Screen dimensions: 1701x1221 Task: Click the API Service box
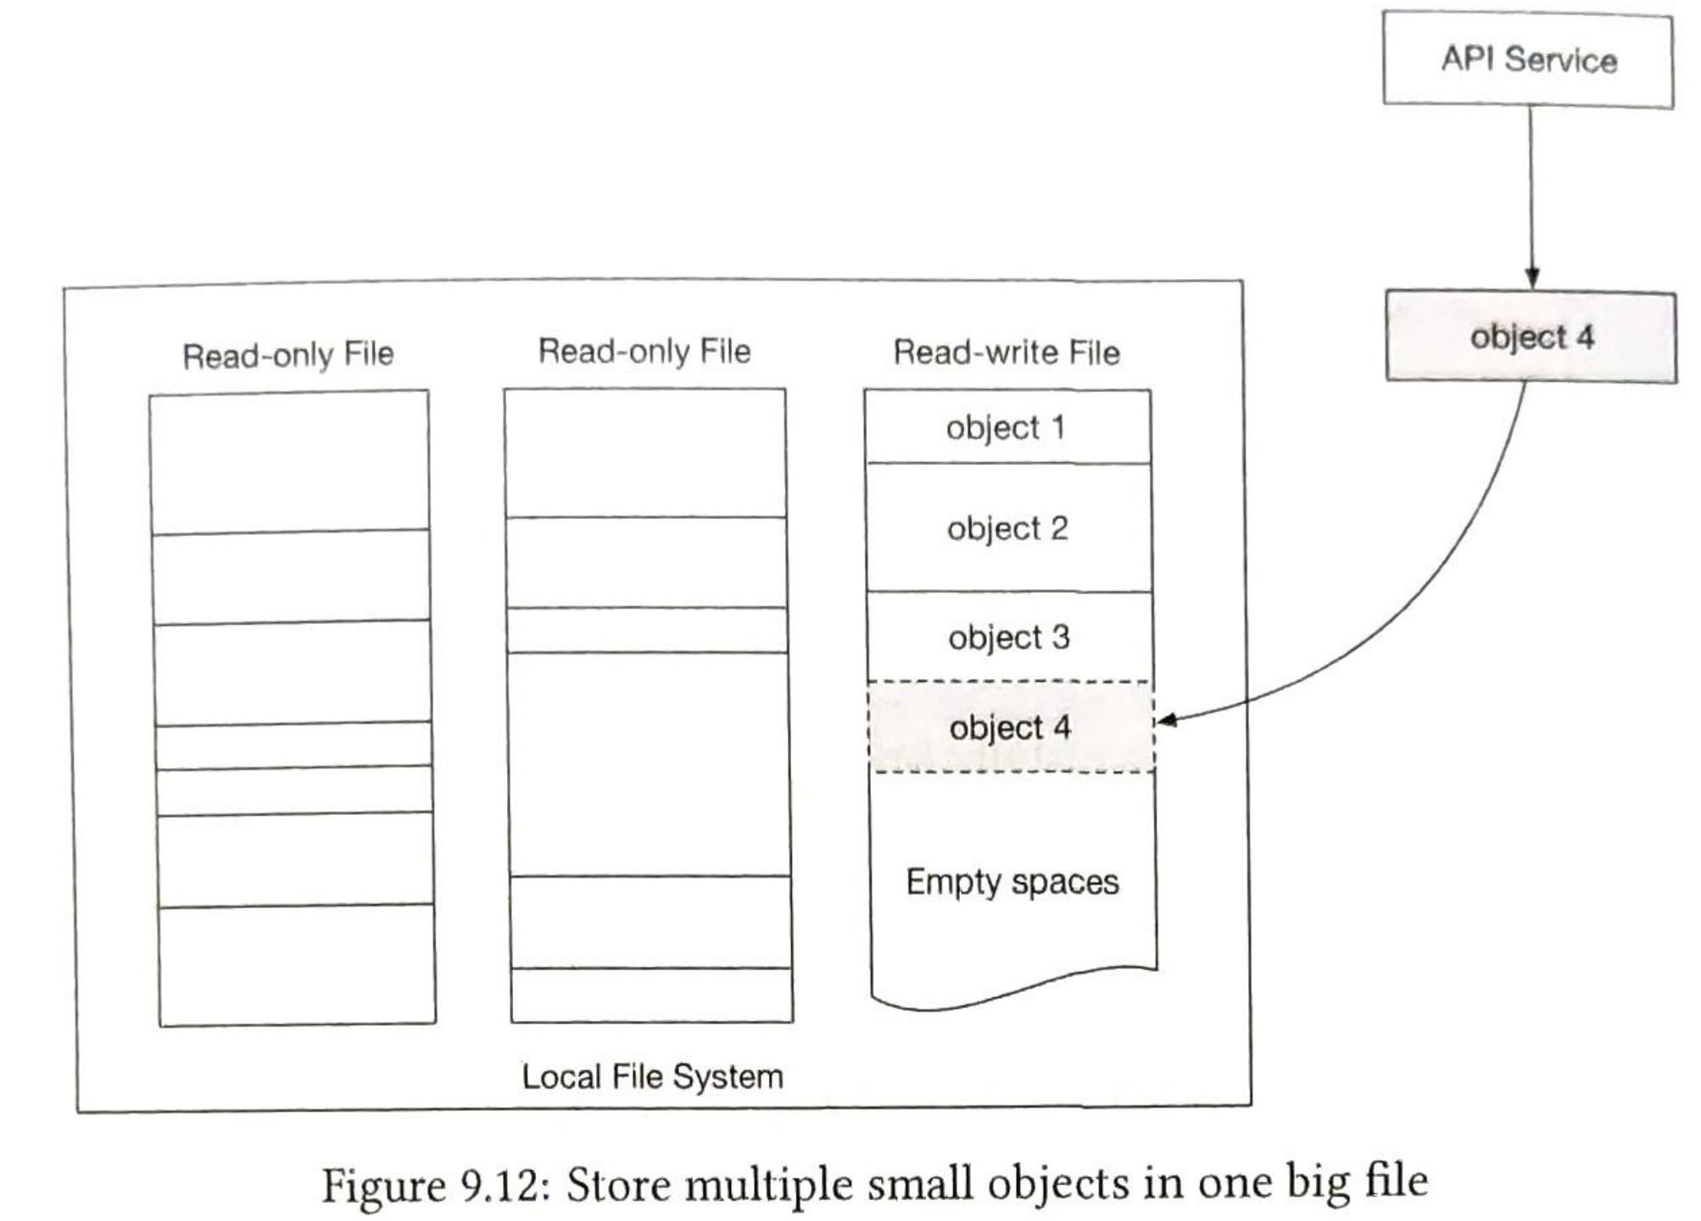click(x=1528, y=59)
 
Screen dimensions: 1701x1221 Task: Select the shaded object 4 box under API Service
click(x=1531, y=337)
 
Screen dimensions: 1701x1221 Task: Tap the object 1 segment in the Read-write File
click(x=1007, y=427)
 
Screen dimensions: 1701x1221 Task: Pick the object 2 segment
click(x=1008, y=527)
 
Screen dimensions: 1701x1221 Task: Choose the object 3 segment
click(x=1009, y=636)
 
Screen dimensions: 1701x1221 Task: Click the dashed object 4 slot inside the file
click(x=1011, y=727)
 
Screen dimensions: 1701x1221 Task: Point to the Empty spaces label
click(x=1012, y=882)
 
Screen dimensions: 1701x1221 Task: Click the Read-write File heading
click(x=1007, y=352)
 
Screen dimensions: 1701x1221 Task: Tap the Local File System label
click(x=652, y=1077)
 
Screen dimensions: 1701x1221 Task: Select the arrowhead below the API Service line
click(x=1531, y=278)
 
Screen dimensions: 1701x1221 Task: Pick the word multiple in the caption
click(x=768, y=1185)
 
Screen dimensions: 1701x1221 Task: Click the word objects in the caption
click(x=1058, y=1185)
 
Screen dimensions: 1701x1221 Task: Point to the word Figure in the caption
click(x=384, y=1185)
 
